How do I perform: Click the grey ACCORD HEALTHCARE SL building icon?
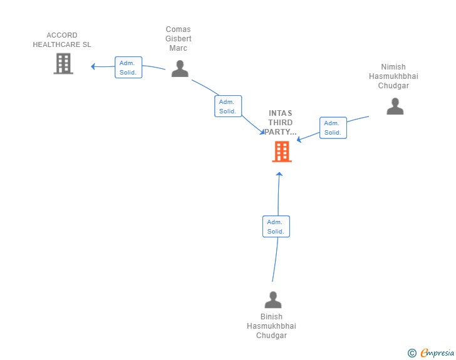pyautogui.click(x=63, y=63)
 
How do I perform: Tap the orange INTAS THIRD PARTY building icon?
pyautogui.click(x=281, y=152)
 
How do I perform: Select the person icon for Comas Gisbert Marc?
pyautogui.click(x=180, y=69)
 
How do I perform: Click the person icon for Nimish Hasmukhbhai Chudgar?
pyautogui.click(x=395, y=106)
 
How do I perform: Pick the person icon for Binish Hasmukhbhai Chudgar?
pyautogui.click(x=273, y=300)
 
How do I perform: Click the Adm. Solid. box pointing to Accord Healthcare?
pyautogui.click(x=128, y=67)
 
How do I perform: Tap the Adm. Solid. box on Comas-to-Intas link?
pyautogui.click(x=227, y=106)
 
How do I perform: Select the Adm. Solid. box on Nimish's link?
pyautogui.click(x=333, y=128)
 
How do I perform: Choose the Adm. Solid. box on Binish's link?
pyautogui.click(x=276, y=226)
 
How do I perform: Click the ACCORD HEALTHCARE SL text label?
pyautogui.click(x=62, y=40)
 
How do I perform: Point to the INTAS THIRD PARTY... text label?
pyautogui.click(x=281, y=123)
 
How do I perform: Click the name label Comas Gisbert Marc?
pyautogui.click(x=179, y=39)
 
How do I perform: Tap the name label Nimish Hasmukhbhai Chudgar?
pyautogui.click(x=393, y=76)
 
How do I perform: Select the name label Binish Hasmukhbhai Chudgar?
pyautogui.click(x=271, y=326)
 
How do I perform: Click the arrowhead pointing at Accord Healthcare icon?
pyautogui.click(x=93, y=66)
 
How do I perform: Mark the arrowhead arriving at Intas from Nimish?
pyautogui.click(x=299, y=140)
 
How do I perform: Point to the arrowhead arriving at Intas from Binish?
pyautogui.click(x=279, y=173)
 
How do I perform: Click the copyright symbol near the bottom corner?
pyautogui.click(x=412, y=353)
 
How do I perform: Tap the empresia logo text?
pyautogui.click(x=437, y=353)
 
